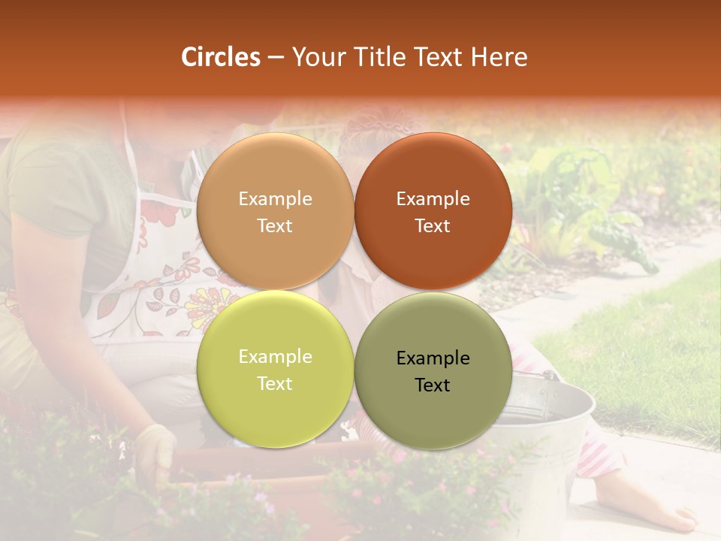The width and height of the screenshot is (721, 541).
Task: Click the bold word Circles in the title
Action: (221, 57)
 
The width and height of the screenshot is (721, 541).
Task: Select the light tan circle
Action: (275, 212)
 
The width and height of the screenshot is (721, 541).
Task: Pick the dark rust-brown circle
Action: (433, 212)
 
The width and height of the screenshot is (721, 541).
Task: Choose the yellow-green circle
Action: (275, 370)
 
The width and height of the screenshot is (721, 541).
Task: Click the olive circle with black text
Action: (433, 371)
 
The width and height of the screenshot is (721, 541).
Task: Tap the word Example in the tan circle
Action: (275, 199)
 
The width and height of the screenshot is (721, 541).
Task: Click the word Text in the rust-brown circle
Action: (433, 226)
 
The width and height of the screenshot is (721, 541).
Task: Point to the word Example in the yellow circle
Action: (275, 357)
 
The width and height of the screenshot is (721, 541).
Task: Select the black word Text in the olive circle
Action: (433, 385)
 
